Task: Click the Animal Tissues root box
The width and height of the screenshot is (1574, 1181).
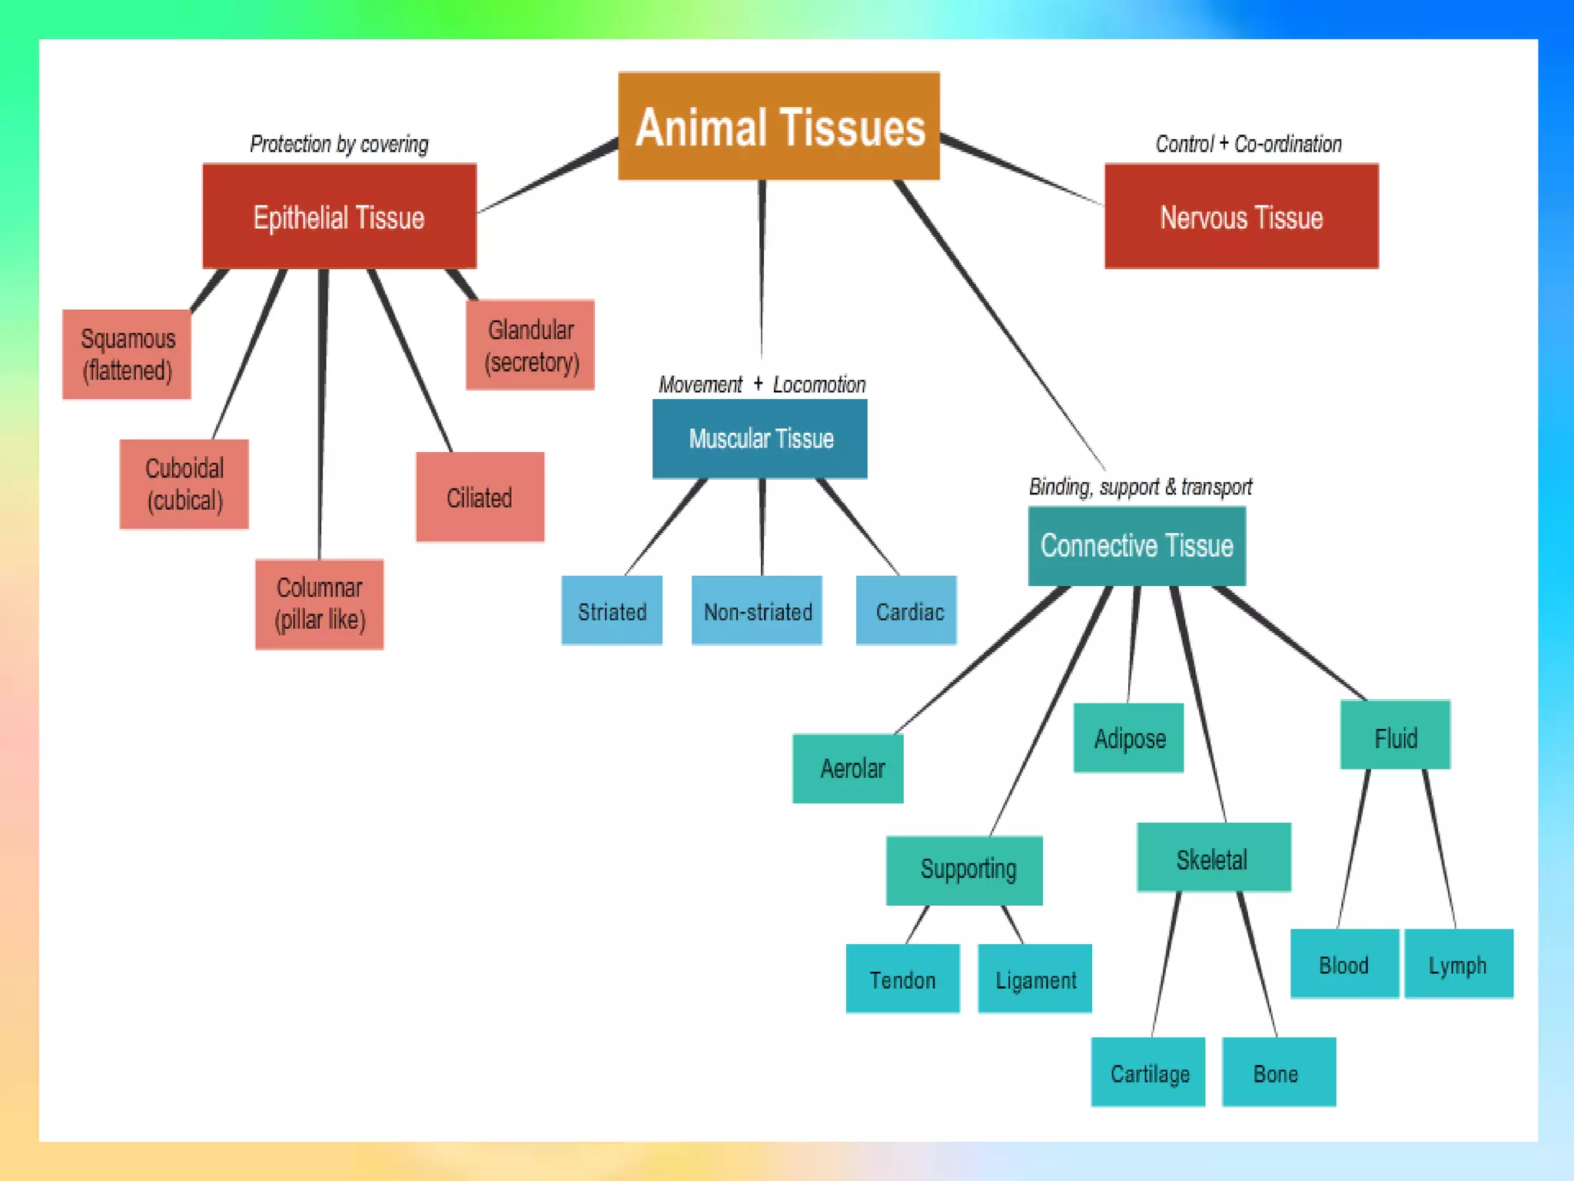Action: coord(779,127)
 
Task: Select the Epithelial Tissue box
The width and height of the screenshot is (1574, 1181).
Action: coord(339,217)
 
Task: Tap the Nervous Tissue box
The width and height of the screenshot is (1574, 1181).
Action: coord(1241,217)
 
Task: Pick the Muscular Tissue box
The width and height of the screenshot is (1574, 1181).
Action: coord(760,438)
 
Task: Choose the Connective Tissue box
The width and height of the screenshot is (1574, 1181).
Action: coord(1137,546)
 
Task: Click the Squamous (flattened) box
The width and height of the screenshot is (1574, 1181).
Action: coord(127,354)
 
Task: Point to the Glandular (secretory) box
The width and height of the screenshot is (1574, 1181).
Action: coord(530,345)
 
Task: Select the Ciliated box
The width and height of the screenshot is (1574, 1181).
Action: coord(480,497)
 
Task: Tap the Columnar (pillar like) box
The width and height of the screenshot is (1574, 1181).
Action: coord(320,604)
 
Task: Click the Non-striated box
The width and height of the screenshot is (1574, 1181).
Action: coord(757,611)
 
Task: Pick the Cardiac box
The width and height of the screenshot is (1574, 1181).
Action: coord(907,611)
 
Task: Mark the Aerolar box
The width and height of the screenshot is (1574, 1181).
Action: coord(848,769)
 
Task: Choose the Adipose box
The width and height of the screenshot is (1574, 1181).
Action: coord(1129,738)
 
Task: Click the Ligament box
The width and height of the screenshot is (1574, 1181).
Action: coord(1035,980)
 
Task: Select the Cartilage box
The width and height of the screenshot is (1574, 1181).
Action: coord(1148,1073)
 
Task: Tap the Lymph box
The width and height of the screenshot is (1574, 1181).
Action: coord(1458,964)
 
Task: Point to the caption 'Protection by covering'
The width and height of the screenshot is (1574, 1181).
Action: coord(339,145)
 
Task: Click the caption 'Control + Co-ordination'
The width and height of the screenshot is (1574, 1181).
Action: coord(1248,144)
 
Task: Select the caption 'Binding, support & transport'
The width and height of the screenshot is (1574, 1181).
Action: coord(1141,487)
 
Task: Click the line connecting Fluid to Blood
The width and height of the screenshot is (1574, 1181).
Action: coord(1353,849)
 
